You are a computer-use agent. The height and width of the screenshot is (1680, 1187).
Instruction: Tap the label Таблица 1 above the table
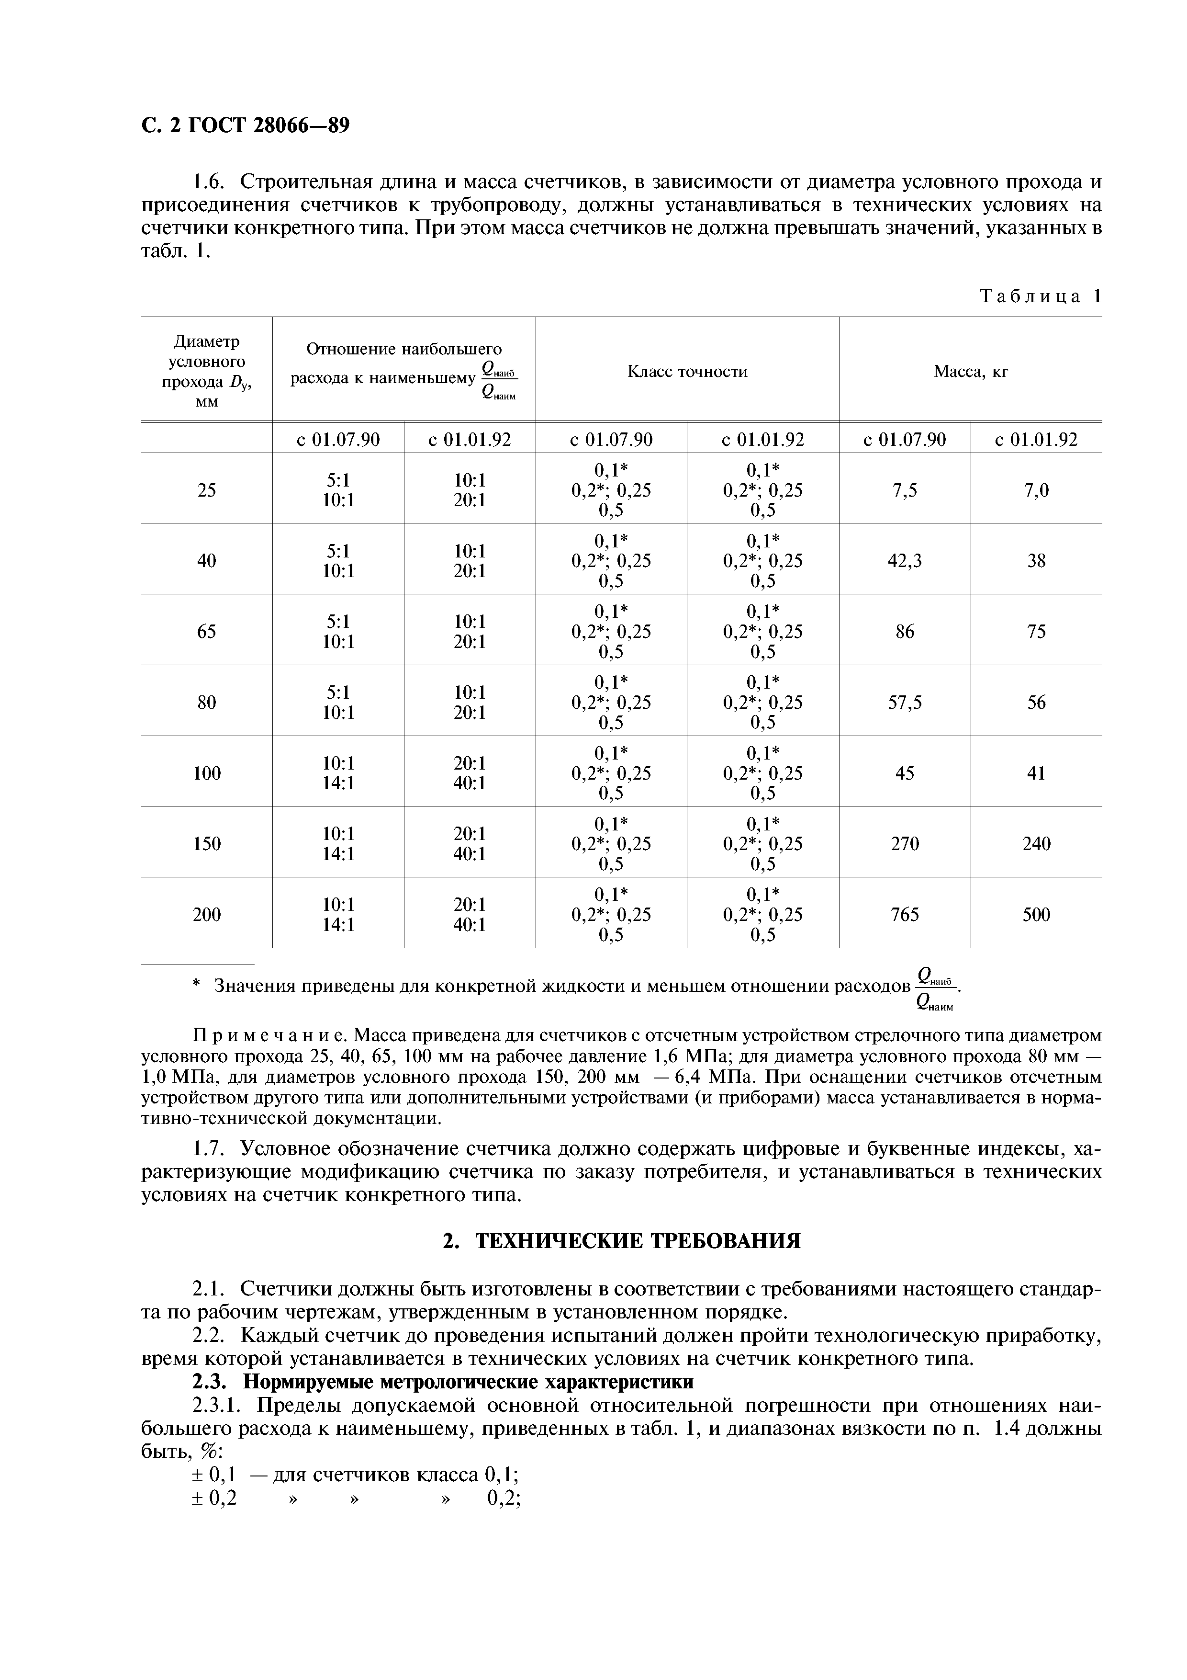click(1039, 296)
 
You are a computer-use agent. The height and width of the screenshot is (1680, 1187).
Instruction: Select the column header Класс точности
click(687, 372)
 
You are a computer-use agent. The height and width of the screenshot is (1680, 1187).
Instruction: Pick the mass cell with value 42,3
click(904, 560)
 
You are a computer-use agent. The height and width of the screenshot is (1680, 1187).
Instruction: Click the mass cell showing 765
click(904, 915)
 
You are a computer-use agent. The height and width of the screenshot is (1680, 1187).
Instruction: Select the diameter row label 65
click(206, 632)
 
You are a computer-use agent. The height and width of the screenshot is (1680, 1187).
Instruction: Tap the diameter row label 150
click(206, 844)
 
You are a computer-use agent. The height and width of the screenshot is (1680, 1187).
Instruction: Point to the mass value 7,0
click(1036, 490)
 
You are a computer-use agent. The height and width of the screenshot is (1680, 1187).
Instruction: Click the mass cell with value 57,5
click(904, 703)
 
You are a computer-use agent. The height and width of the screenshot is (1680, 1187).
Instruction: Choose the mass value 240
click(1036, 844)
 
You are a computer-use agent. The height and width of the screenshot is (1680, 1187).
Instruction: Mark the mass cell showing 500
click(1036, 915)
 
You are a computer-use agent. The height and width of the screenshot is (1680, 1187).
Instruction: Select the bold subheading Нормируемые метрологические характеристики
click(468, 1382)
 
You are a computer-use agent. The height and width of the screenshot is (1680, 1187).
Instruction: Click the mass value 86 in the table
click(904, 632)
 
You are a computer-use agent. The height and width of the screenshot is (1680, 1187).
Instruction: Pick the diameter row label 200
click(206, 915)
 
